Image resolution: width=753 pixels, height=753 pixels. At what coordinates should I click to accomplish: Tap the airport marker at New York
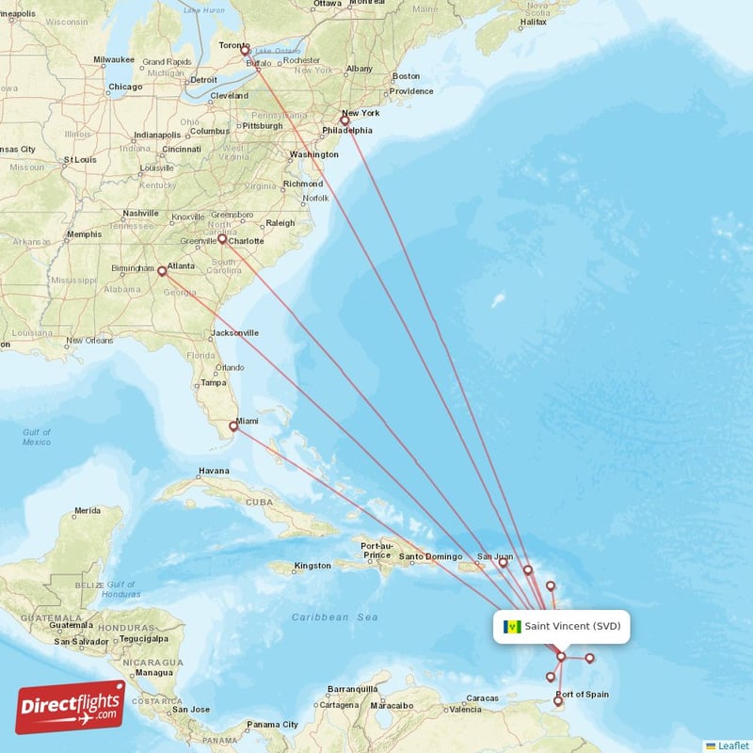(344, 120)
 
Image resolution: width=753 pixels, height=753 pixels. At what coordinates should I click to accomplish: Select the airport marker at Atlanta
(162, 272)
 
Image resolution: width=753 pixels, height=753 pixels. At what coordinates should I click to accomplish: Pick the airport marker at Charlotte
(222, 239)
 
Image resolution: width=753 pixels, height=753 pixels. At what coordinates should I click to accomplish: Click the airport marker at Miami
(233, 426)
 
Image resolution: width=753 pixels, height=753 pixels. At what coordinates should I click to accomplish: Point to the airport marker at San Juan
(503, 563)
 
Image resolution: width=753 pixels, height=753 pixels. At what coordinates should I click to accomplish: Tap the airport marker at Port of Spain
(558, 700)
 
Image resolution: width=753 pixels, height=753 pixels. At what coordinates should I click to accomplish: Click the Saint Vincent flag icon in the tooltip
(513, 627)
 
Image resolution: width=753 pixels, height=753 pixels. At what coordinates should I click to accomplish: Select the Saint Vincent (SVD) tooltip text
(572, 627)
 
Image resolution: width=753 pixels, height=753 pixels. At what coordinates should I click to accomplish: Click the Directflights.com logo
(71, 707)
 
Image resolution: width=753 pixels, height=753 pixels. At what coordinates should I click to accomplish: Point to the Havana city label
(214, 471)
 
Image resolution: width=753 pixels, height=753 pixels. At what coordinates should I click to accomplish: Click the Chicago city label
(125, 88)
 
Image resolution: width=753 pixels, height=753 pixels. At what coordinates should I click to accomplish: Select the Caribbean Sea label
(334, 617)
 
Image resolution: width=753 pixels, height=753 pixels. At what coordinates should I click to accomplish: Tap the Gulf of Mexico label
(37, 437)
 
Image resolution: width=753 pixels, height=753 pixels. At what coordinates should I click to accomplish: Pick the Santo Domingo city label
(430, 556)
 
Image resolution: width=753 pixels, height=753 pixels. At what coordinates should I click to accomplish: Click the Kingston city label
(312, 566)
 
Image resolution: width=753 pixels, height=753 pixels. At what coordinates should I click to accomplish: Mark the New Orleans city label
(90, 341)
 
